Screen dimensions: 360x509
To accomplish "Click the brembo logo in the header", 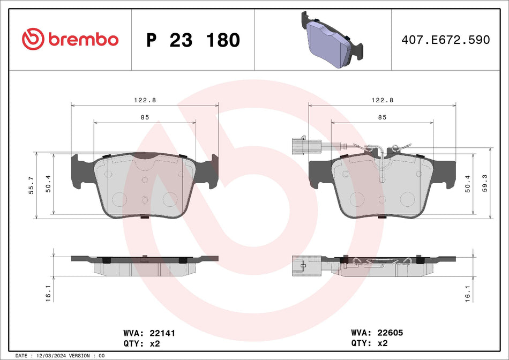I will pos(70,39).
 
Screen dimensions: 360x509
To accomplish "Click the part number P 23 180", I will pos(193,40).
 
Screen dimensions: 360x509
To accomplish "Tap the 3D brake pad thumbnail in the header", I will pos(333,40).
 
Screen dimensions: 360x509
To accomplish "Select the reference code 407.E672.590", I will pos(446,40).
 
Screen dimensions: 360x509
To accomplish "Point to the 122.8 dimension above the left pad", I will pos(144,100).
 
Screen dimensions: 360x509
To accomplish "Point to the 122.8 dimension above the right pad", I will pos(382,100).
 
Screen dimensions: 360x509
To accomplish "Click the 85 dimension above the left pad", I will pos(144,117).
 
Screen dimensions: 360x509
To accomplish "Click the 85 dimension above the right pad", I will pos(382,117).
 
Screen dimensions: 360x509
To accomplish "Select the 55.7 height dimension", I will pos(31,185).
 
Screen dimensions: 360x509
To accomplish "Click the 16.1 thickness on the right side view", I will pos(468,292).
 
